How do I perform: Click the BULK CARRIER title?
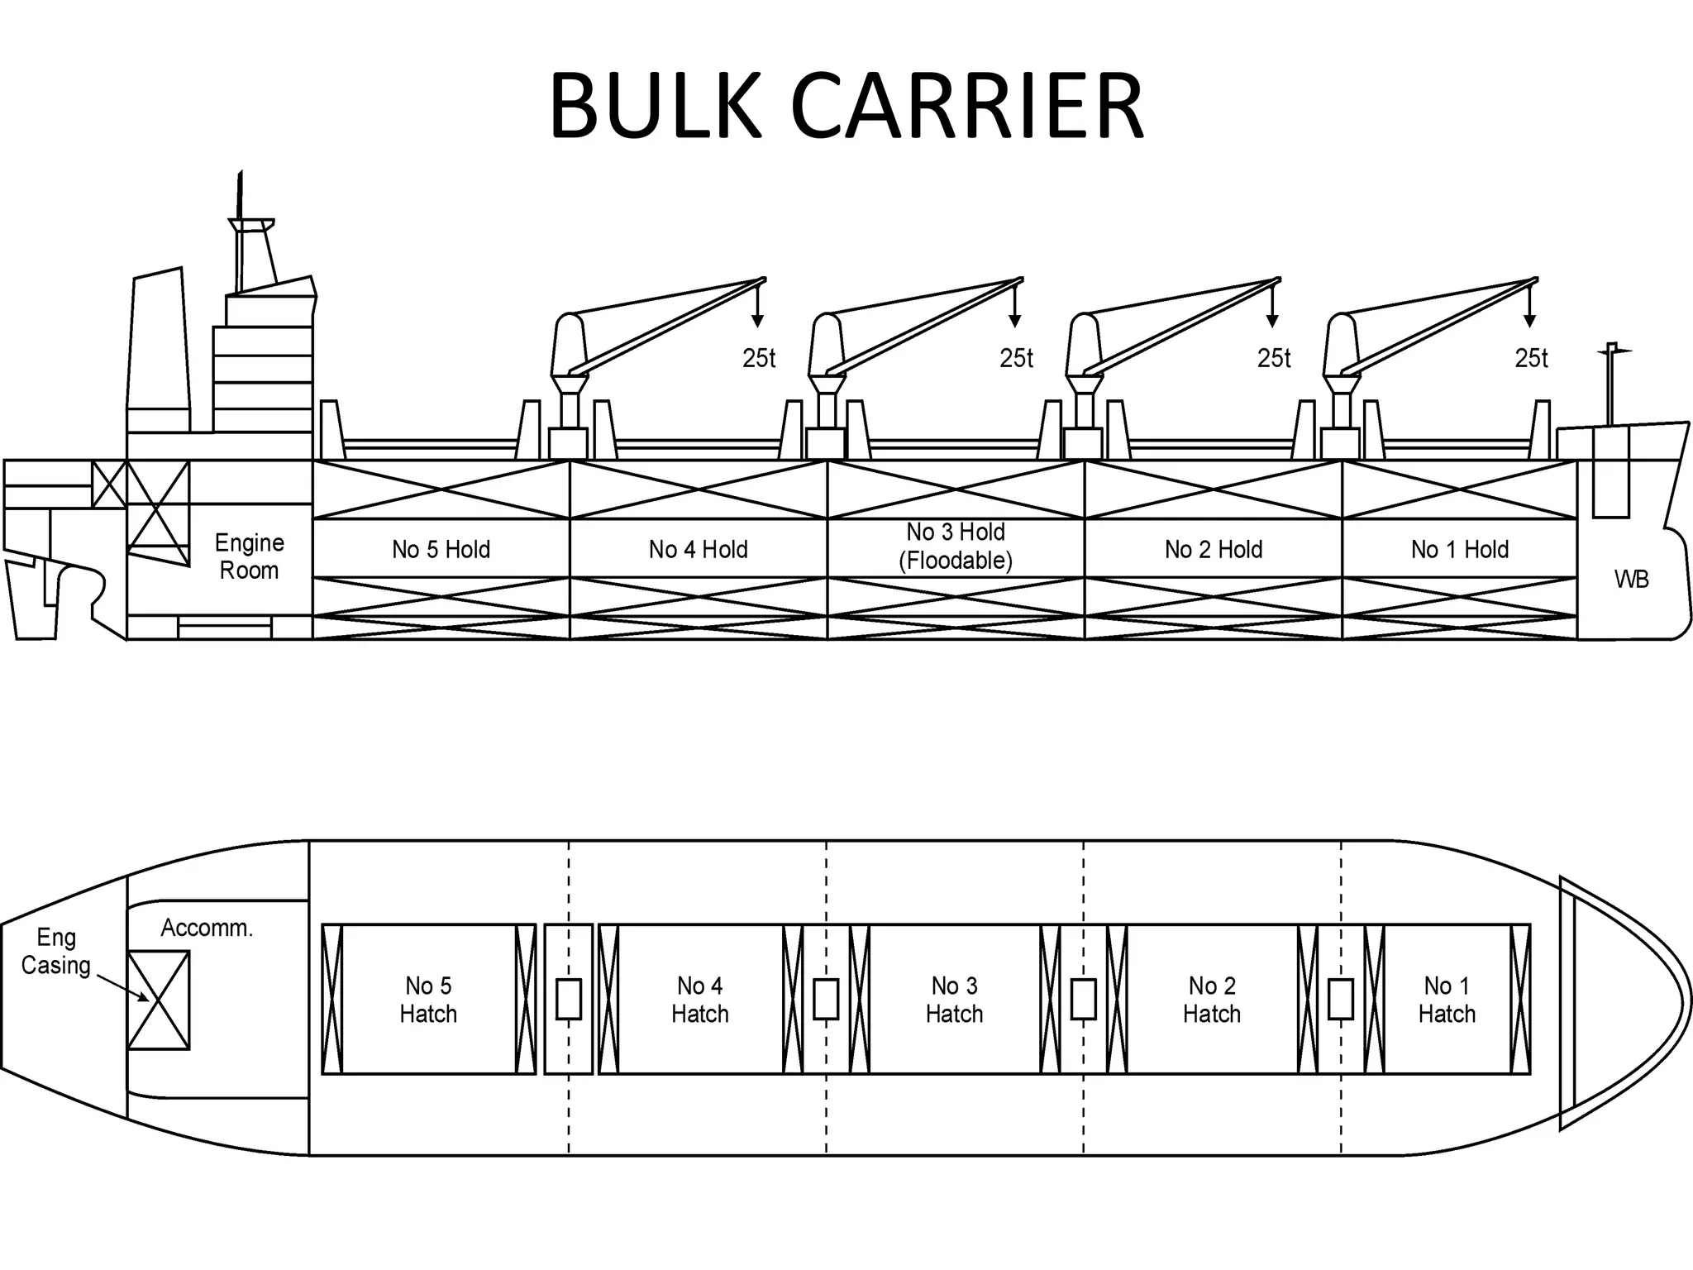[x=846, y=107]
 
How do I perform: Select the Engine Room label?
[x=249, y=556]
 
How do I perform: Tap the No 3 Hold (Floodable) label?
[x=956, y=547]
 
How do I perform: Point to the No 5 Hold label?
[x=441, y=550]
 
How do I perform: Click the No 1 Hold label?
[x=1459, y=550]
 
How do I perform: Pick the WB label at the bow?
[x=1631, y=580]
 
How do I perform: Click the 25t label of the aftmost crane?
[x=759, y=358]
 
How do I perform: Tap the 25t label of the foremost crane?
[x=1531, y=358]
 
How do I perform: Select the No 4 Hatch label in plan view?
[x=699, y=1000]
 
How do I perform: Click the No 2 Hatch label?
[x=1211, y=1000]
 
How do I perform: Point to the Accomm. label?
[x=207, y=928]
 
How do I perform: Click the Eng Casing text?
[x=56, y=952]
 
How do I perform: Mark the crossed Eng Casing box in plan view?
[x=159, y=1000]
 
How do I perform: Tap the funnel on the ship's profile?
[x=157, y=347]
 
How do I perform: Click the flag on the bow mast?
[x=1622, y=351]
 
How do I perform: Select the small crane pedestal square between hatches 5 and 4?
[x=568, y=999]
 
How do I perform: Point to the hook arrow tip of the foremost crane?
[x=1529, y=324]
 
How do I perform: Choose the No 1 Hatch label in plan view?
[x=1447, y=1000]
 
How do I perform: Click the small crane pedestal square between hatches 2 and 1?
[x=1340, y=999]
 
